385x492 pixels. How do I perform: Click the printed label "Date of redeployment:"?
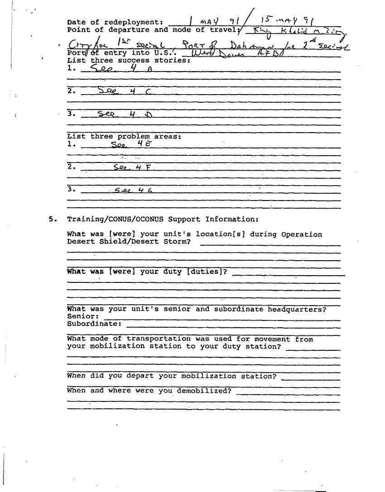(x=115, y=22)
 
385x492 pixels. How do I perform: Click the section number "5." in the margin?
(x=53, y=219)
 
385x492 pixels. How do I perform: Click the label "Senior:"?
(x=83, y=316)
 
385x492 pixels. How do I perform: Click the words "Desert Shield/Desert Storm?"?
(x=129, y=242)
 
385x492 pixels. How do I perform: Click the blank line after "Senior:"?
(x=222, y=319)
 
